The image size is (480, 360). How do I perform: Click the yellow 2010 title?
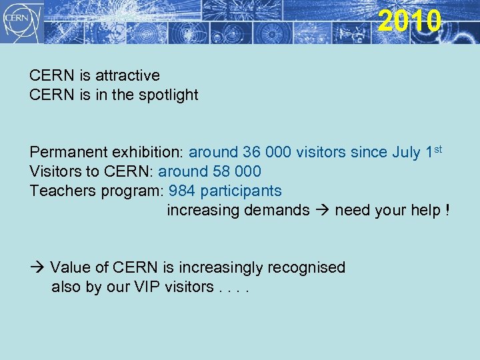click(x=409, y=21)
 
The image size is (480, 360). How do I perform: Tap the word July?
click(x=406, y=153)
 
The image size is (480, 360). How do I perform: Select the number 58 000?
click(x=238, y=172)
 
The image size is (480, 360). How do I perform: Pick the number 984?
click(x=182, y=191)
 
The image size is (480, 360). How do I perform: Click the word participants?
click(x=241, y=191)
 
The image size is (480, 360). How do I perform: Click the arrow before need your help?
click(x=323, y=211)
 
